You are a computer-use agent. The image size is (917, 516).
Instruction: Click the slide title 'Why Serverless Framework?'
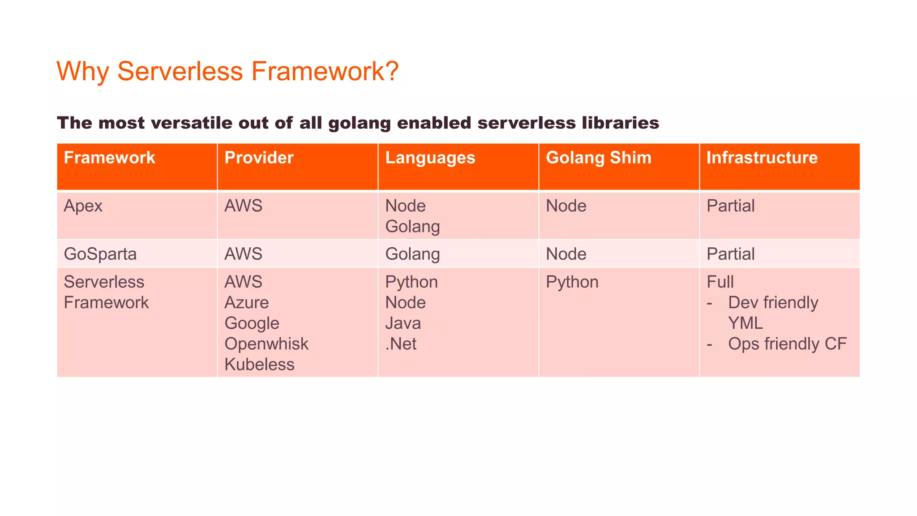(227, 71)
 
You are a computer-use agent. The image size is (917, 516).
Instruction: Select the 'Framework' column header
(109, 158)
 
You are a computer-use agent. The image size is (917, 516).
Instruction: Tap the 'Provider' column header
(259, 158)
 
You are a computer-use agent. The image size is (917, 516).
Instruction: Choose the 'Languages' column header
(430, 158)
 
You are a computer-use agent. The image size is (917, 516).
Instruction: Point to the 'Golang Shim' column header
(598, 158)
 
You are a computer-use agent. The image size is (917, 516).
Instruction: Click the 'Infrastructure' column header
(762, 158)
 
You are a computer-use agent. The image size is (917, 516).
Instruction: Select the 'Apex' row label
(83, 206)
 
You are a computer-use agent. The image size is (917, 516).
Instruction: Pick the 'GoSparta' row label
(100, 254)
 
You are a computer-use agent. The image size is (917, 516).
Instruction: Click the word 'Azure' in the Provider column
(246, 303)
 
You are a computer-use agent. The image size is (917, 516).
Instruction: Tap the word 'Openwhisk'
(266, 344)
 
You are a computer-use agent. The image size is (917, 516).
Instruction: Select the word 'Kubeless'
(259, 365)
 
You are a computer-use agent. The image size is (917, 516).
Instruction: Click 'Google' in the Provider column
(252, 323)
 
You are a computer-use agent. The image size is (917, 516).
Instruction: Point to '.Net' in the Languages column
(401, 344)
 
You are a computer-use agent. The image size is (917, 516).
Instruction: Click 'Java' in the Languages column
(403, 323)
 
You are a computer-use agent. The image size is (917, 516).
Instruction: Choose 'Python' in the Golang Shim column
(572, 282)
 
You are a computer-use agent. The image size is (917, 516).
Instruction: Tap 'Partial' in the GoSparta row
(730, 254)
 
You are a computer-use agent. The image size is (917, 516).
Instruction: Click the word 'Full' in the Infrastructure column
(720, 282)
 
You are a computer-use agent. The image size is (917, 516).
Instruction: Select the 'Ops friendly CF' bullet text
(787, 344)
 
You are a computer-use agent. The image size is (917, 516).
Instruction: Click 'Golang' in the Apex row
(412, 227)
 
